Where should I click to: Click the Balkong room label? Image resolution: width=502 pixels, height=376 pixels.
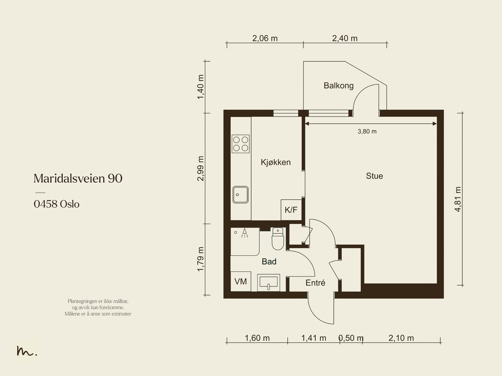point(339,86)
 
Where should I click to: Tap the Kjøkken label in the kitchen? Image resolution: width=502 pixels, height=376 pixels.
point(275,162)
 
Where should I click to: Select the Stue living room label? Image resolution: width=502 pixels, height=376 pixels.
point(374,176)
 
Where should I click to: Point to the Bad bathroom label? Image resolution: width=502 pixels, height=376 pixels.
point(269,261)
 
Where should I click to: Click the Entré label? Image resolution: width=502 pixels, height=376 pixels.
point(315,283)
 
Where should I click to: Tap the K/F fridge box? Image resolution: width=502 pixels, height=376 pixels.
point(291,210)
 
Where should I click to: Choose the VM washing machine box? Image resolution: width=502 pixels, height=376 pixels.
point(241,282)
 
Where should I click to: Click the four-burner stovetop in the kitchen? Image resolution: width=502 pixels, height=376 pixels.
point(241,144)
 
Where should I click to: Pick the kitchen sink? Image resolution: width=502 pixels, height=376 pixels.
point(240,195)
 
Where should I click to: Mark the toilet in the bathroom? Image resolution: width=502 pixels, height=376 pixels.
point(278,239)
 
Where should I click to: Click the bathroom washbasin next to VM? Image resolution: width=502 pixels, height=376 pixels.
point(269,283)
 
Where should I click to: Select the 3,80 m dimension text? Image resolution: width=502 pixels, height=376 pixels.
point(367,132)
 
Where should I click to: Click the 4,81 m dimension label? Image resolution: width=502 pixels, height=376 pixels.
point(458,199)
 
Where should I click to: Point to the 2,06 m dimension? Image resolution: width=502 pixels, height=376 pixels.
point(265,38)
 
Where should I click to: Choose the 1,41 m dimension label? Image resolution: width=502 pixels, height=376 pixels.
point(313,338)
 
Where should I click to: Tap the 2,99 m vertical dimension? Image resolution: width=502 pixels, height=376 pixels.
point(200,169)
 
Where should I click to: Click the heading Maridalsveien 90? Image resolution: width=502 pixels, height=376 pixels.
point(78,178)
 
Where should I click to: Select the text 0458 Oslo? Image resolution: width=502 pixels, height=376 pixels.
point(56,204)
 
